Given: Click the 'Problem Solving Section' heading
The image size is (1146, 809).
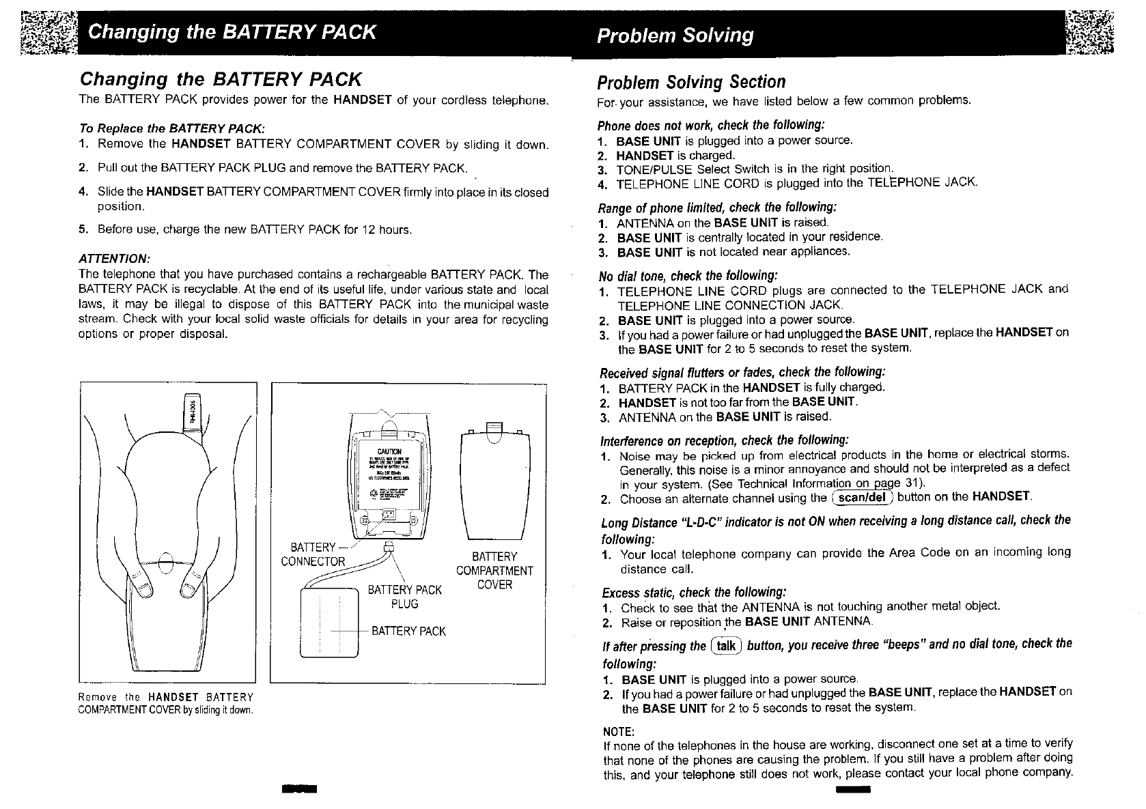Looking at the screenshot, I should [x=691, y=83].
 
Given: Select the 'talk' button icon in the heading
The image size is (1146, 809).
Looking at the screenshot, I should [x=725, y=646].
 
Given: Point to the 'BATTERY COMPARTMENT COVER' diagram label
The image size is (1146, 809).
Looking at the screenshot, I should [x=494, y=571].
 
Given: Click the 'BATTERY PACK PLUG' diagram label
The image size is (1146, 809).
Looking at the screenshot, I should [x=404, y=597].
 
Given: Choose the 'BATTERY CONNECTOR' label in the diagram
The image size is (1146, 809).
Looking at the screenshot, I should [x=313, y=554].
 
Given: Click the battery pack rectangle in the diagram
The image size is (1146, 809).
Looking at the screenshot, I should [x=329, y=622].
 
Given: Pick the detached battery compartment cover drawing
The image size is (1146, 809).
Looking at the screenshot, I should [x=495, y=485].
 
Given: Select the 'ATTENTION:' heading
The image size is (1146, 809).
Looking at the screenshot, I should [x=114, y=259].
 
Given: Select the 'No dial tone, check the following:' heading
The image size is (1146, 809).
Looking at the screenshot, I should [x=688, y=276].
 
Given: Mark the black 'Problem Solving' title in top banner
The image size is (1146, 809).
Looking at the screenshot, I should [x=675, y=36].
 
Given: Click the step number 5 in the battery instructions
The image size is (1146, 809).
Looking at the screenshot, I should [x=82, y=229].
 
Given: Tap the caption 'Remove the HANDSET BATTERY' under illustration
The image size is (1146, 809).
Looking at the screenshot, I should [x=166, y=697].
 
